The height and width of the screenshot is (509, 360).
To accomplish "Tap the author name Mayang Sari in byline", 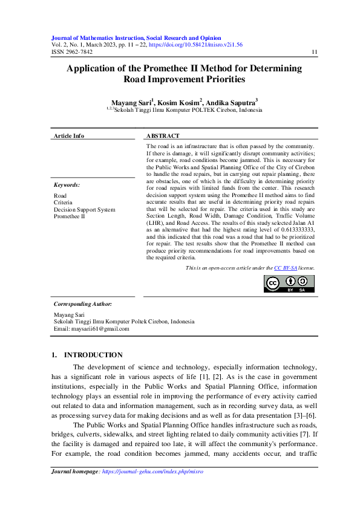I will click(x=132, y=103).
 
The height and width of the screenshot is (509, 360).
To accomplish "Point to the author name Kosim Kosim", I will click(x=179, y=103).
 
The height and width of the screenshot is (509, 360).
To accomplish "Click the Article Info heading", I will click(x=69, y=136).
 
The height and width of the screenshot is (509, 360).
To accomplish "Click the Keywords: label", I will click(x=67, y=185).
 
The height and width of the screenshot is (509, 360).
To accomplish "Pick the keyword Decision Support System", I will click(x=84, y=209).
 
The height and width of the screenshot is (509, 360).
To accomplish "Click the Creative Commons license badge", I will click(x=289, y=283).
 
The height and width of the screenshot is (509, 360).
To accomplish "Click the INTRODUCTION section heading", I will click(x=93, y=355).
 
